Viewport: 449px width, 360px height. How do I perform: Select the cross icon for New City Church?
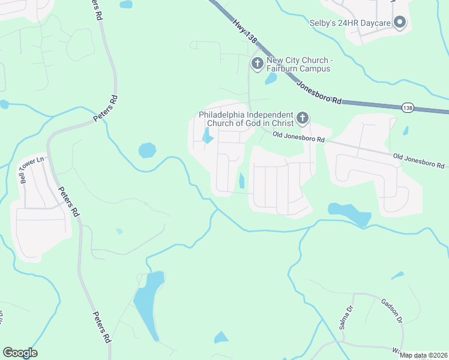tap(258, 63)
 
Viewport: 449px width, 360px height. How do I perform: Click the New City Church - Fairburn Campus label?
tap(298, 64)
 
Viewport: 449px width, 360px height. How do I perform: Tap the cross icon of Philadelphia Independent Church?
tap(303, 118)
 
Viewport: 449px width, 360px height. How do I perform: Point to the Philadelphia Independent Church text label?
tap(246, 119)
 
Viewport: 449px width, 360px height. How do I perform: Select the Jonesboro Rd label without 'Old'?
tap(319, 92)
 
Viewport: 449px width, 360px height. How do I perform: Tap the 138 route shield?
tap(408, 107)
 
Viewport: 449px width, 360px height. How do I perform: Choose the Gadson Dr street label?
tap(392, 311)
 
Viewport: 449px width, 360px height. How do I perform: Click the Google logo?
tap(20, 353)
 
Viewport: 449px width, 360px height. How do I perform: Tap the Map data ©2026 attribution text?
tap(423, 355)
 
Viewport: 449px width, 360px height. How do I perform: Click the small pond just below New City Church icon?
tap(271, 79)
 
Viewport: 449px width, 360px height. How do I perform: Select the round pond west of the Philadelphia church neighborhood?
tap(147, 150)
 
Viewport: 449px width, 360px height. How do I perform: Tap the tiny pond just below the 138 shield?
tap(406, 130)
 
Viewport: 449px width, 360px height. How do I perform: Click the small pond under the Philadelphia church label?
tap(208, 138)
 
